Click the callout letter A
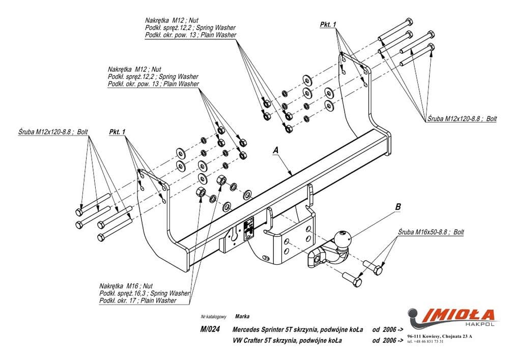point(275,150)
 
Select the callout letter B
point(398,207)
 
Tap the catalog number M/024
point(210,329)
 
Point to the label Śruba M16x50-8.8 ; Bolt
point(431,231)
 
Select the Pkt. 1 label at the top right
point(328,24)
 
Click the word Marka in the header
point(242,316)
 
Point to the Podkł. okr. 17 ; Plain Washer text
point(138,301)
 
